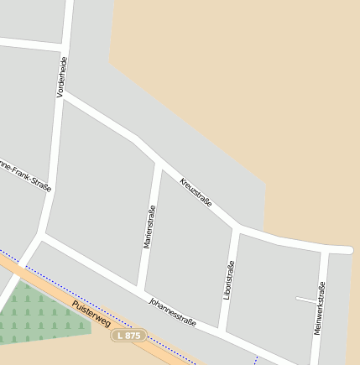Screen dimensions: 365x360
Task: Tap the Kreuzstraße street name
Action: (196, 193)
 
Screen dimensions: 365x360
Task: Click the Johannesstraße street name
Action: (172, 310)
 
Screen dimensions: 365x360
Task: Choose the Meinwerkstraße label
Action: (319, 310)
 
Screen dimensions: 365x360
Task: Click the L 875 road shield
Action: (130, 335)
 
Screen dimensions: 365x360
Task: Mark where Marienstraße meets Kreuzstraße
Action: (158, 162)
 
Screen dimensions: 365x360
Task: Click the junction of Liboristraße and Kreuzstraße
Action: (237, 228)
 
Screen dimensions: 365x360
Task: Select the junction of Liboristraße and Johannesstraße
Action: (222, 330)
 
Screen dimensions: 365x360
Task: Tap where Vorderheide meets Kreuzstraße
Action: (62, 93)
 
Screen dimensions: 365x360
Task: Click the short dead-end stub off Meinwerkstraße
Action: (306, 299)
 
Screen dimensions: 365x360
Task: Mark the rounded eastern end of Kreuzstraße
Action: (347, 249)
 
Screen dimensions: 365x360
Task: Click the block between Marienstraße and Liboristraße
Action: (189, 252)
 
